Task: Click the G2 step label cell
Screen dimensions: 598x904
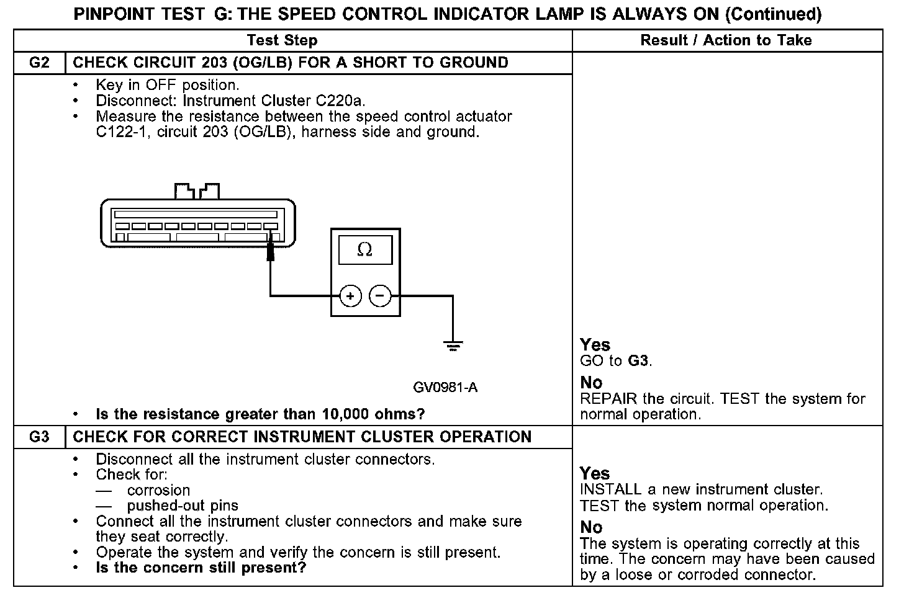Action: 39,63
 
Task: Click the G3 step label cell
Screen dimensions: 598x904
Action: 39,437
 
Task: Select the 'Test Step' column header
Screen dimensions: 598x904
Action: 282,40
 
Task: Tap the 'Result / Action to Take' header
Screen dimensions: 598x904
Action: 726,40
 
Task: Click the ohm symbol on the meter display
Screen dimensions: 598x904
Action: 365,249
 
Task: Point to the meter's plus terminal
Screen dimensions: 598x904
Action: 350,297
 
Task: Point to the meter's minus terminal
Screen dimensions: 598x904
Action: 380,297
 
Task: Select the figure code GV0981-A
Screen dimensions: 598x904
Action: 445,388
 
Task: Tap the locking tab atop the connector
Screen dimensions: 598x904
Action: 197,190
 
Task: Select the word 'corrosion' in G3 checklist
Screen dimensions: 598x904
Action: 158,490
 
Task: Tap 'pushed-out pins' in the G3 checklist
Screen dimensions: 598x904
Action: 183,506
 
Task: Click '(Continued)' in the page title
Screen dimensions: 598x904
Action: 773,14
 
